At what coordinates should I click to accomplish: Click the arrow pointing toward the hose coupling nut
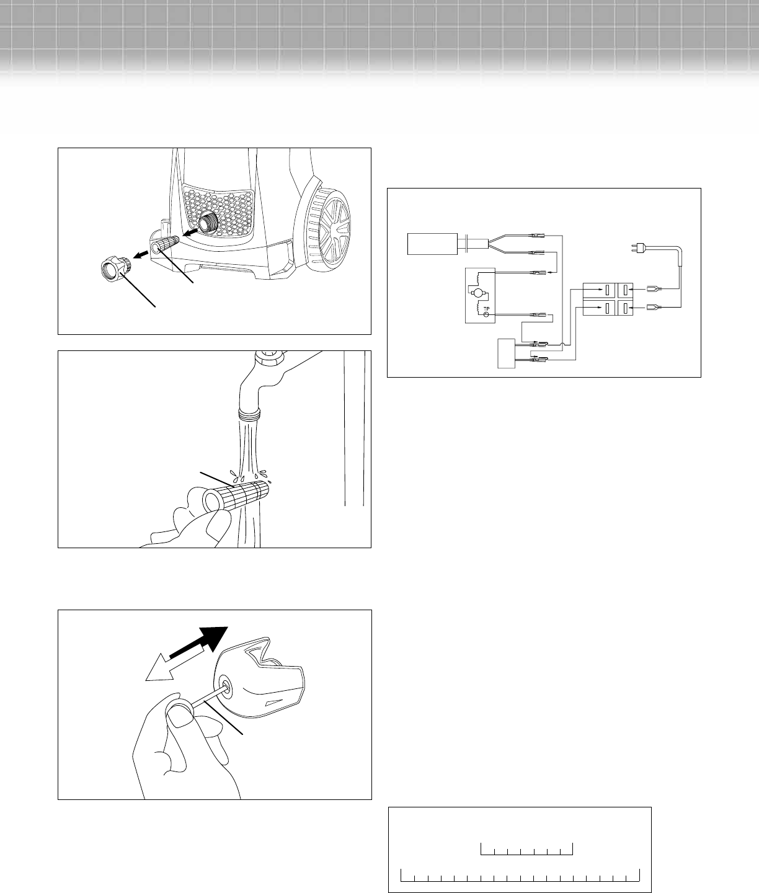click(x=141, y=255)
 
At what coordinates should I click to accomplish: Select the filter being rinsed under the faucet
click(x=237, y=496)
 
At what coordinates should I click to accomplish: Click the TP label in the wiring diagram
click(x=486, y=309)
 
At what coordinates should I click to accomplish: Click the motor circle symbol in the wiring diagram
click(x=477, y=293)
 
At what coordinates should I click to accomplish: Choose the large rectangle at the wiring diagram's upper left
click(x=432, y=244)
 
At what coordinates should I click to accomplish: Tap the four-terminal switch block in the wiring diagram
click(x=608, y=299)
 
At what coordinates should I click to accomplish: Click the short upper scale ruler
click(x=526, y=848)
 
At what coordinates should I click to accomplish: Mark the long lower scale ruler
click(x=520, y=875)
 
